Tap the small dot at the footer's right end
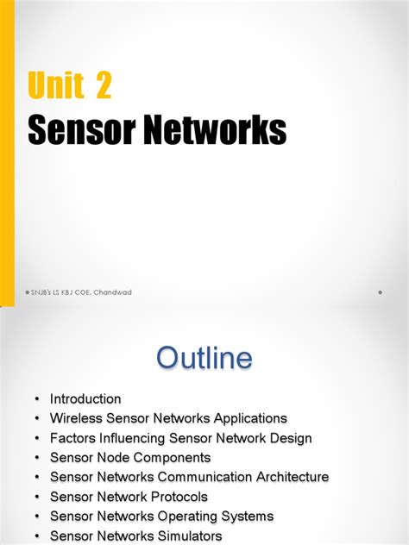380,292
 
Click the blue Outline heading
204,358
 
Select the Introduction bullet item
85,399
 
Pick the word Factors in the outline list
72,438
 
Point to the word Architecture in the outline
290,477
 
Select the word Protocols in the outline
177,497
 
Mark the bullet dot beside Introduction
37,399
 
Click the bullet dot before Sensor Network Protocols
37,497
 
